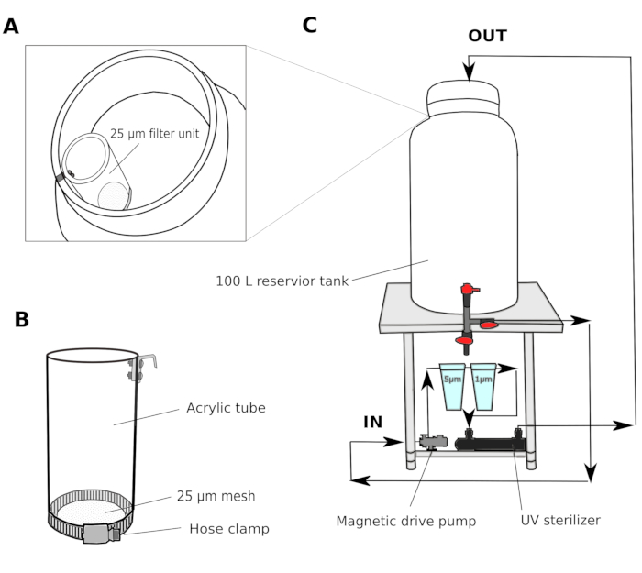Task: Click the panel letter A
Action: coord(11,27)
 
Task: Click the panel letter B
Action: coord(22,319)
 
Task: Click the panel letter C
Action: coord(310,25)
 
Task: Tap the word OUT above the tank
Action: coord(487,36)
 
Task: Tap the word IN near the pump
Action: coord(373,422)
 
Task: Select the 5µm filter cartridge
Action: coord(452,386)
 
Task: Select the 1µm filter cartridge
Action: coord(483,386)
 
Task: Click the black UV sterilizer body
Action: coord(491,444)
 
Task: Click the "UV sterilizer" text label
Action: coord(560,520)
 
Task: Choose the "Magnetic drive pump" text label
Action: coord(405,521)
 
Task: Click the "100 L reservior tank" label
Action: coord(282,281)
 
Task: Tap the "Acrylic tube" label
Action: coord(226,408)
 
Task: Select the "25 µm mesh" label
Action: coord(216,496)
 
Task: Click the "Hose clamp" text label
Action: coord(229,529)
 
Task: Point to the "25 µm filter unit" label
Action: coord(154,134)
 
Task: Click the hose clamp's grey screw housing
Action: coord(98,534)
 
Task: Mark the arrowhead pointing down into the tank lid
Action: coord(470,72)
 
